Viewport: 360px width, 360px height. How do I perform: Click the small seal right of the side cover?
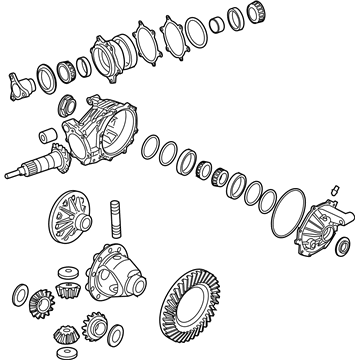point(342,246)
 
